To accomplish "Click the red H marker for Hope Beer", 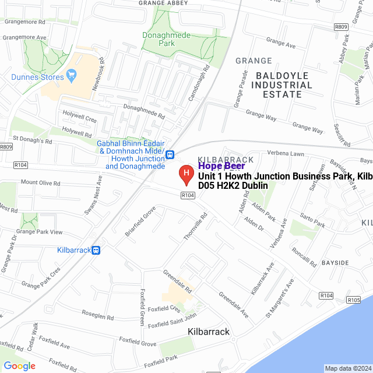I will pos(185,174).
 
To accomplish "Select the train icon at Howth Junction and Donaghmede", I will pos(170,154).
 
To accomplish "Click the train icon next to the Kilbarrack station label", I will pos(96,250).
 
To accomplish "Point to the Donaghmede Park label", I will pos(166,39).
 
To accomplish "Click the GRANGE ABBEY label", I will pos(163,3).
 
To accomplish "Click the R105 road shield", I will pos(353,300).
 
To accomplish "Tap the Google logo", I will pos(19,366).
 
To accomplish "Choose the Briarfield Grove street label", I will pos(140,221).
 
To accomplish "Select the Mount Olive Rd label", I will pos(41,183).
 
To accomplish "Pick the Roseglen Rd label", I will pos(97,316).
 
